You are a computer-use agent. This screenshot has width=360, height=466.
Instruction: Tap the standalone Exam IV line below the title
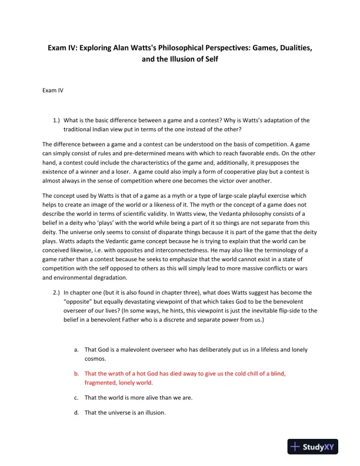click(53, 91)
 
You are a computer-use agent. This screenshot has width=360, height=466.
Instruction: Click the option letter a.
click(76, 349)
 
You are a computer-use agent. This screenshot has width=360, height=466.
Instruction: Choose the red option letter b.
click(76, 374)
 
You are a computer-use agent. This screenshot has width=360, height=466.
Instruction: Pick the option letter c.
click(76, 398)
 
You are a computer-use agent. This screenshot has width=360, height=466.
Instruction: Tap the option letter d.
click(76, 412)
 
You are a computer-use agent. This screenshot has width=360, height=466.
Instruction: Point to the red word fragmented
click(101, 382)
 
